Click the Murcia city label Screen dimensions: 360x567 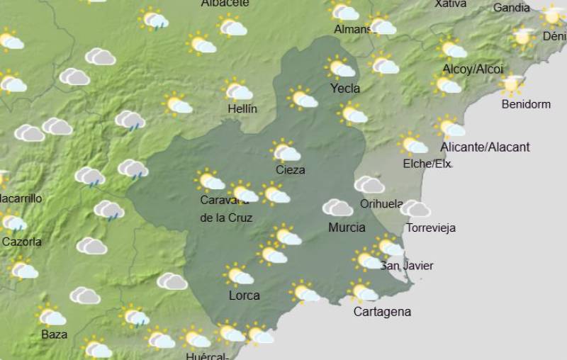pos(347,227)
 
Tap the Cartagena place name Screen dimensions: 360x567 pos(382,312)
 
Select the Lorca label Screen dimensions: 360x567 pos(244,296)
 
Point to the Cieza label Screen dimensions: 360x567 pos(291,170)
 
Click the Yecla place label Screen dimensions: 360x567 pos(345,89)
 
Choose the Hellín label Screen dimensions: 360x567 pos(242,109)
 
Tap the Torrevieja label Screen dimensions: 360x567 pos(431,228)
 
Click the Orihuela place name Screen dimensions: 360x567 pos(381,204)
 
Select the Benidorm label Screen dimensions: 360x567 pos(526,104)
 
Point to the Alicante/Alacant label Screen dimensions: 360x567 pos(485,147)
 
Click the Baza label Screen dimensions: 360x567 pos(55,334)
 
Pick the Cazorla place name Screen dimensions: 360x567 pos(22,242)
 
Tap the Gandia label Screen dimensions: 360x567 pos(511,8)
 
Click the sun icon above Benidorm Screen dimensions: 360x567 pos(511,84)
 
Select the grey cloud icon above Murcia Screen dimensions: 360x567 pos(337,208)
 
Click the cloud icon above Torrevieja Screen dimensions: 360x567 pos(415,208)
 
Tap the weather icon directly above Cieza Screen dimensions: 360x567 pos(286,151)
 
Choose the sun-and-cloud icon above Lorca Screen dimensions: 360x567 pos(238,274)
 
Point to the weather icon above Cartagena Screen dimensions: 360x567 pos(363,291)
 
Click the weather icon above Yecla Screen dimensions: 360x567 pos(340,67)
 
